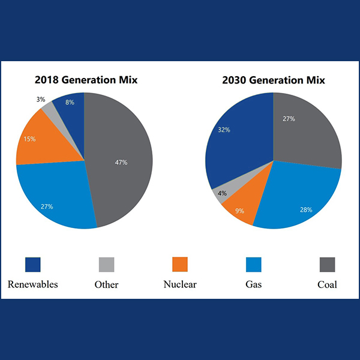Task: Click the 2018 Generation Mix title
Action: point(86,80)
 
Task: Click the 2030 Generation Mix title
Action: point(273,80)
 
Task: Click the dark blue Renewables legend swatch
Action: point(32,264)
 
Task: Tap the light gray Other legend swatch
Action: point(106,264)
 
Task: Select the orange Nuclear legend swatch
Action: point(180,264)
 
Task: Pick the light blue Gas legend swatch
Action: point(254,264)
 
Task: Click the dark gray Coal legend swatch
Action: point(327,264)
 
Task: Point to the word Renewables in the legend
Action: point(33,284)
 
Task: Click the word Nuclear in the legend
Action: point(180,284)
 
